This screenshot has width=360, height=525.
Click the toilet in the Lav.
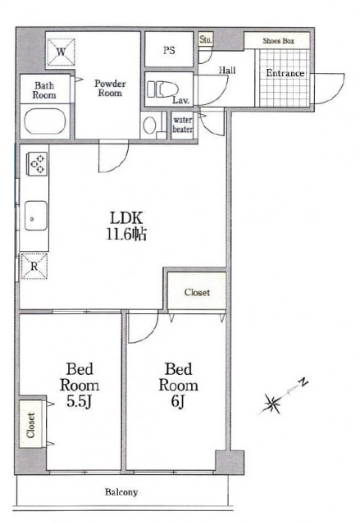pos(162,89)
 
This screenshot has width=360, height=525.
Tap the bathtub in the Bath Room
pos(44,121)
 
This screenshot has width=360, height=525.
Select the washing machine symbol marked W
pos(61,52)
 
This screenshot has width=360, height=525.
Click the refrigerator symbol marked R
pos(34,266)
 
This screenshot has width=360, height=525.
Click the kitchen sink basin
pos(36,215)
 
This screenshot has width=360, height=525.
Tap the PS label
pos(169,50)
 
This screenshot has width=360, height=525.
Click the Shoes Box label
pos(278,41)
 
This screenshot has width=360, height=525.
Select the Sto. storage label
pos(206,39)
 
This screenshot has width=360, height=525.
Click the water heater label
pos(182,124)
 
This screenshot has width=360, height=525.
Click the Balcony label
pos(121,492)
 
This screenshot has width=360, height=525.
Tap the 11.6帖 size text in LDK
pos(126,235)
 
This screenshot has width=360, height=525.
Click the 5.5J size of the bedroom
pos(79,401)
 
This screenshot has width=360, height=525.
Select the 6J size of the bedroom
pos(178,401)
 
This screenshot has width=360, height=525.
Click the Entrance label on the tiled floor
pos(285,73)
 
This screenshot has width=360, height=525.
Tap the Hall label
pos(227,70)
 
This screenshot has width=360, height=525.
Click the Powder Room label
pos(110,88)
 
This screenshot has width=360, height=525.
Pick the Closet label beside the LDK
pos(197,292)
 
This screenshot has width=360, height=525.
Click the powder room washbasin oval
pos(149,125)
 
